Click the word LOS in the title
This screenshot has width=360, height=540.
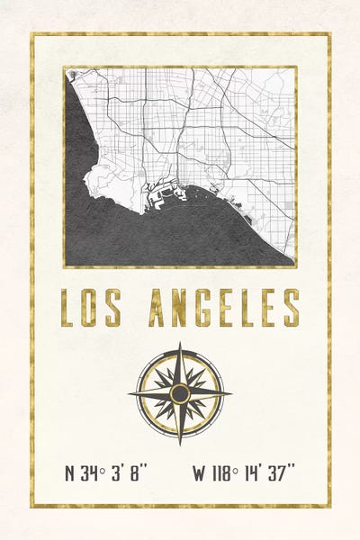pos(90,308)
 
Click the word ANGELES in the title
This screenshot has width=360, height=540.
pos(224,308)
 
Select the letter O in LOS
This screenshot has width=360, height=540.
pos(90,308)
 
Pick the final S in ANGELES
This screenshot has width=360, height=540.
pos(290,308)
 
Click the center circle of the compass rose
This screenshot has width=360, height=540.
pos(180,393)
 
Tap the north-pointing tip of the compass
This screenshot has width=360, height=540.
pos(180,343)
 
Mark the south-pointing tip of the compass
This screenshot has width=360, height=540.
pos(180,444)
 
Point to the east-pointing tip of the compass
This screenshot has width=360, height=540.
pos(230,393)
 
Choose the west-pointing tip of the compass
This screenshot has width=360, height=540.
pos(130,393)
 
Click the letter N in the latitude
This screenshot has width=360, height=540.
pos(71,472)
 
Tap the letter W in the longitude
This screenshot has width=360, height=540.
pos(199,472)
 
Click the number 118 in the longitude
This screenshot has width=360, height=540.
pos(222,472)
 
